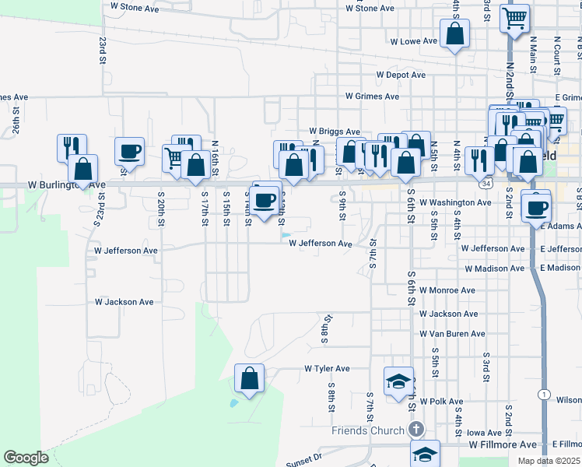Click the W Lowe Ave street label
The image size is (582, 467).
coord(414,41)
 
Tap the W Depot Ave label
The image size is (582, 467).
coord(401,75)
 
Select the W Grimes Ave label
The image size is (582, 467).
coord(373,97)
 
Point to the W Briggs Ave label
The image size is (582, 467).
coord(335,132)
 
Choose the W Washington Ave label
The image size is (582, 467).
coord(455,202)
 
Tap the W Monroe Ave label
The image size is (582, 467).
coord(447,290)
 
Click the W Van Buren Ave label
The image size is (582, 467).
coord(452,334)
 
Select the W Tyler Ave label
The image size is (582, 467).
coord(327,368)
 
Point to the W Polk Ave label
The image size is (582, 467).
coord(441,402)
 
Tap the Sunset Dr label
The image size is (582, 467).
coord(303,458)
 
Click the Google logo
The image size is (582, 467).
coord(26,458)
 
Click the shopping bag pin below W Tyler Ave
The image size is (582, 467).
coord(249,379)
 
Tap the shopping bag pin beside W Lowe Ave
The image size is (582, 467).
coord(454,34)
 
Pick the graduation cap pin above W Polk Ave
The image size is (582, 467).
coord(398,382)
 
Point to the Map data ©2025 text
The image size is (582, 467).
coord(549,461)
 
